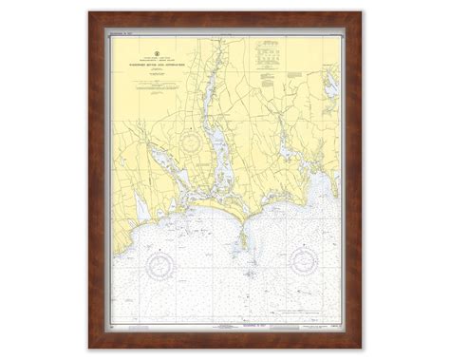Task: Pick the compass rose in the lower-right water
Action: pyautogui.click(x=309, y=258)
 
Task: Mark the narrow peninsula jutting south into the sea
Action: pyautogui.click(x=245, y=220)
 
